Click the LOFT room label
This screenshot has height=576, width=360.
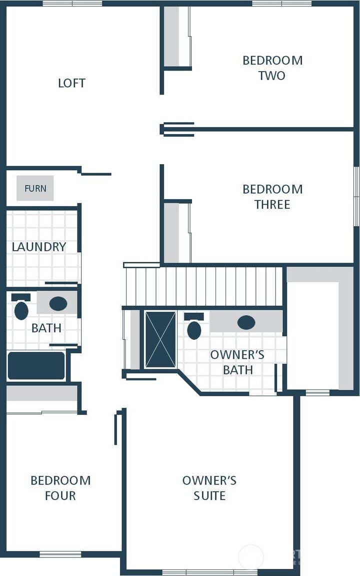coord(71,83)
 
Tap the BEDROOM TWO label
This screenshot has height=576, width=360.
coord(272,68)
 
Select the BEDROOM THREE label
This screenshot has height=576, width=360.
coord(272,197)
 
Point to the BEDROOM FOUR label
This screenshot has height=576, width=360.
coord(60,488)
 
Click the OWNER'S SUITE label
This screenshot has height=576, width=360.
coord(209,488)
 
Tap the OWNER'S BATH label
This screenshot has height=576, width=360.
coord(237,362)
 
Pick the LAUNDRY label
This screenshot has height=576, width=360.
coord(39,247)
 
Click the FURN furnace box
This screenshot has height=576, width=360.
coord(35,188)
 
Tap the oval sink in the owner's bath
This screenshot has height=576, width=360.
coord(246,322)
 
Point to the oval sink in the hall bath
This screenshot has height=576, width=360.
coord(58,303)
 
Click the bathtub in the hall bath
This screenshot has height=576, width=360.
coord(36,366)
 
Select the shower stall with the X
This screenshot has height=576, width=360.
coord(160,340)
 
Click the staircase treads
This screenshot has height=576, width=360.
coord(204,286)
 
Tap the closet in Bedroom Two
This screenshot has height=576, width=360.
coord(172,36)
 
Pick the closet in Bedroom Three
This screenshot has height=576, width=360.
coord(172,232)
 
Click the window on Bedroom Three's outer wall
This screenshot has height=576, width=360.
coord(356,196)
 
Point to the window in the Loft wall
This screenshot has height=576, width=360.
coord(72,4)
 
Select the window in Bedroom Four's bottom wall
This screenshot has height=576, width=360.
coord(60,554)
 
